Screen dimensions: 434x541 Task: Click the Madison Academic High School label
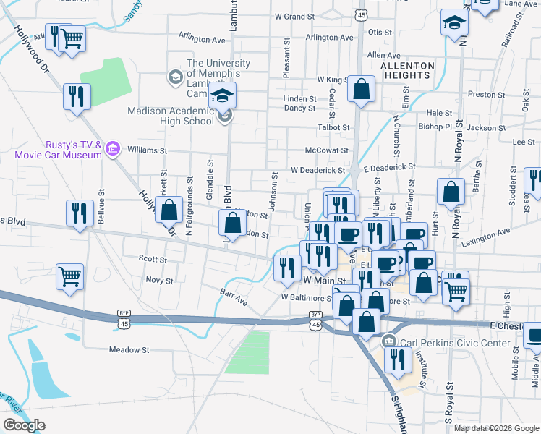pos(171,116)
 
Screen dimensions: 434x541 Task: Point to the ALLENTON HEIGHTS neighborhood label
pos(407,71)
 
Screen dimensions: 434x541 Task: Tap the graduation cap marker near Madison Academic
pos(223,96)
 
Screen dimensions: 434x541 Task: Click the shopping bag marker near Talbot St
pos(361,90)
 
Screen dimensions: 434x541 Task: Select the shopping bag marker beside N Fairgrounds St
pos(169,210)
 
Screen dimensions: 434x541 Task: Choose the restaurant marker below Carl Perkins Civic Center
pos(397,359)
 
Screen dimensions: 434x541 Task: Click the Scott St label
pos(153,259)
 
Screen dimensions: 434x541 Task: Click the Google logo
pos(24,425)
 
